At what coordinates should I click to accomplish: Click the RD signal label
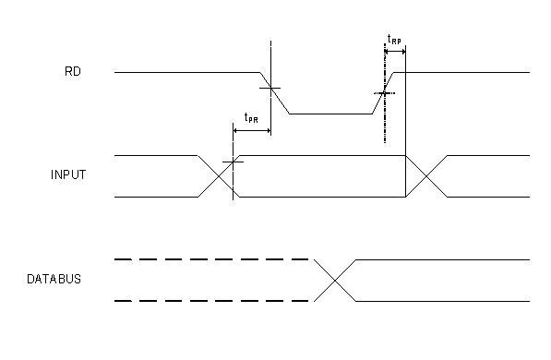coord(73,72)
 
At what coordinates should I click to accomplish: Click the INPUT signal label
coord(68,175)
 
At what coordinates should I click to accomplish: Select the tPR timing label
coord(250,118)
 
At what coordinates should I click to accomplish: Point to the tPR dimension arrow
coord(252,131)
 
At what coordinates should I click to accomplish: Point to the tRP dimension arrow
coord(395,53)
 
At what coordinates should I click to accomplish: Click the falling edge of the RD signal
coord(276,92)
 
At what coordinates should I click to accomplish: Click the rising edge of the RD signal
coord(385,93)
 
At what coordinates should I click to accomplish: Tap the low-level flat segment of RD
coord(331,113)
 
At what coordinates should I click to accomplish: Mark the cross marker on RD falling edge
coord(270,89)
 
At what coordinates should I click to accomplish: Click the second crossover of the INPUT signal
coord(425,175)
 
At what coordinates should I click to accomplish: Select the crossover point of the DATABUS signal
coord(334,281)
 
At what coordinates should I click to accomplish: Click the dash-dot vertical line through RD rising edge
coord(385,120)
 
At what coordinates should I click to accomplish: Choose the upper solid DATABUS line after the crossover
coord(443,260)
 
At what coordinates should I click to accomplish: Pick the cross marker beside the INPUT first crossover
coord(234,162)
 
